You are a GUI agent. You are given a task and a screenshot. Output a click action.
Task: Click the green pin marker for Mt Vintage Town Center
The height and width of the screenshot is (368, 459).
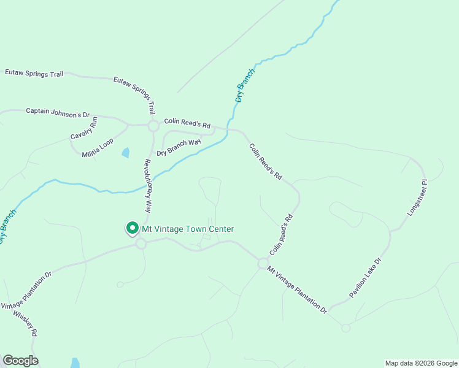click(x=131, y=229)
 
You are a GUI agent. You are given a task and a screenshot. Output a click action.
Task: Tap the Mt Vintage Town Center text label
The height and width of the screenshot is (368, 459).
click(x=188, y=229)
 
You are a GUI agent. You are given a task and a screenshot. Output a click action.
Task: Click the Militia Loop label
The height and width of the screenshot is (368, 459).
click(x=98, y=148)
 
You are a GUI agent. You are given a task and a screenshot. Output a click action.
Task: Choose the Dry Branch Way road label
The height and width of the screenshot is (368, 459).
click(x=179, y=148)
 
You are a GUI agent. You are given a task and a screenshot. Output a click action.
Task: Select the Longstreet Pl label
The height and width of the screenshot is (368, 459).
click(x=416, y=197)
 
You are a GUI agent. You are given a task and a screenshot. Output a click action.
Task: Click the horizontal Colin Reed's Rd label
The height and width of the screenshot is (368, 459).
click(x=187, y=123)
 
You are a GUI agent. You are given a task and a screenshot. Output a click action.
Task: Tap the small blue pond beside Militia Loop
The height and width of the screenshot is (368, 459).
click(x=126, y=152)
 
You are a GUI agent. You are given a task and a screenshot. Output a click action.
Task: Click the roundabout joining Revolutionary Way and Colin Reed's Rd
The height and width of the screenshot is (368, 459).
click(x=153, y=126)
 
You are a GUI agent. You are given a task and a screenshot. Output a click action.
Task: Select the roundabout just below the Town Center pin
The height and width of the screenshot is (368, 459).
click(x=141, y=244)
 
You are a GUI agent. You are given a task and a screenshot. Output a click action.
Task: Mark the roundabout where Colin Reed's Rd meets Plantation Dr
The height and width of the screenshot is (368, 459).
click(x=263, y=263)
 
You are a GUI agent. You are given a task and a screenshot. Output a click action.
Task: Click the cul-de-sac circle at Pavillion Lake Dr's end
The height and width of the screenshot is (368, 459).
click(x=345, y=328)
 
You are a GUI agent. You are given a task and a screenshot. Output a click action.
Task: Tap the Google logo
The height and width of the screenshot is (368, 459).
click(x=20, y=361)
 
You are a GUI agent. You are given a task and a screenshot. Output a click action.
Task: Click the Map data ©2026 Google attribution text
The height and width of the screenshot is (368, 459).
click(x=420, y=363)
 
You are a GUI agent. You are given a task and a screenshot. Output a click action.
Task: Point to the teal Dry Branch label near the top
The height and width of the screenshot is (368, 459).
click(x=245, y=85)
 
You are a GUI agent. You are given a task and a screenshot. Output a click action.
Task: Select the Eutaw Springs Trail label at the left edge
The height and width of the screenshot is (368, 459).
click(x=34, y=74)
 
